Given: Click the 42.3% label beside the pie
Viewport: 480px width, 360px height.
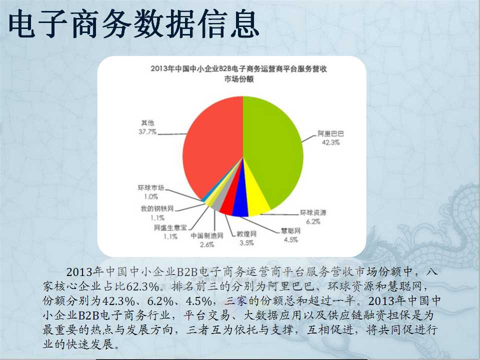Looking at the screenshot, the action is pyautogui.click(x=330, y=142).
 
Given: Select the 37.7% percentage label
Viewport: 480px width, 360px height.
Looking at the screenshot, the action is pyautogui.click(x=147, y=132).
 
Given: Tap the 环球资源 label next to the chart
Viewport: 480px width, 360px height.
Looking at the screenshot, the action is pyautogui.click(x=313, y=213).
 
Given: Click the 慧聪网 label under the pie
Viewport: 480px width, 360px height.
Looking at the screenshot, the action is pyautogui.click(x=291, y=231).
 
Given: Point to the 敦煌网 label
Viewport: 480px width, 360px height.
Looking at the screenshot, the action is pyautogui.click(x=246, y=234).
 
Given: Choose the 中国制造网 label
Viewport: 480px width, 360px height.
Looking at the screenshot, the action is pyautogui.click(x=207, y=235).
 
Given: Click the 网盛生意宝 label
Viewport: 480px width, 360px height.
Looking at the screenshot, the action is pyautogui.click(x=170, y=228).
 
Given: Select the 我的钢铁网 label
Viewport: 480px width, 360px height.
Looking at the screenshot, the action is pyautogui.click(x=157, y=209).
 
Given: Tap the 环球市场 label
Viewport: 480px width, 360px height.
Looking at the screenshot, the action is pyautogui.click(x=151, y=187).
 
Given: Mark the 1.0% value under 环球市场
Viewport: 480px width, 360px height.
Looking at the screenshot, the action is pyautogui.click(x=151, y=196).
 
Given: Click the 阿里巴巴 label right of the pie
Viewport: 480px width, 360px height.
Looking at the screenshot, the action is pyautogui.click(x=330, y=134).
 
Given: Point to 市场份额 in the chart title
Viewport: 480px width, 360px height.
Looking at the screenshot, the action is pyautogui.click(x=239, y=79).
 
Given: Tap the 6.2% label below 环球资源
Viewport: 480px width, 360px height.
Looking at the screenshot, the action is pyautogui.click(x=313, y=221).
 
